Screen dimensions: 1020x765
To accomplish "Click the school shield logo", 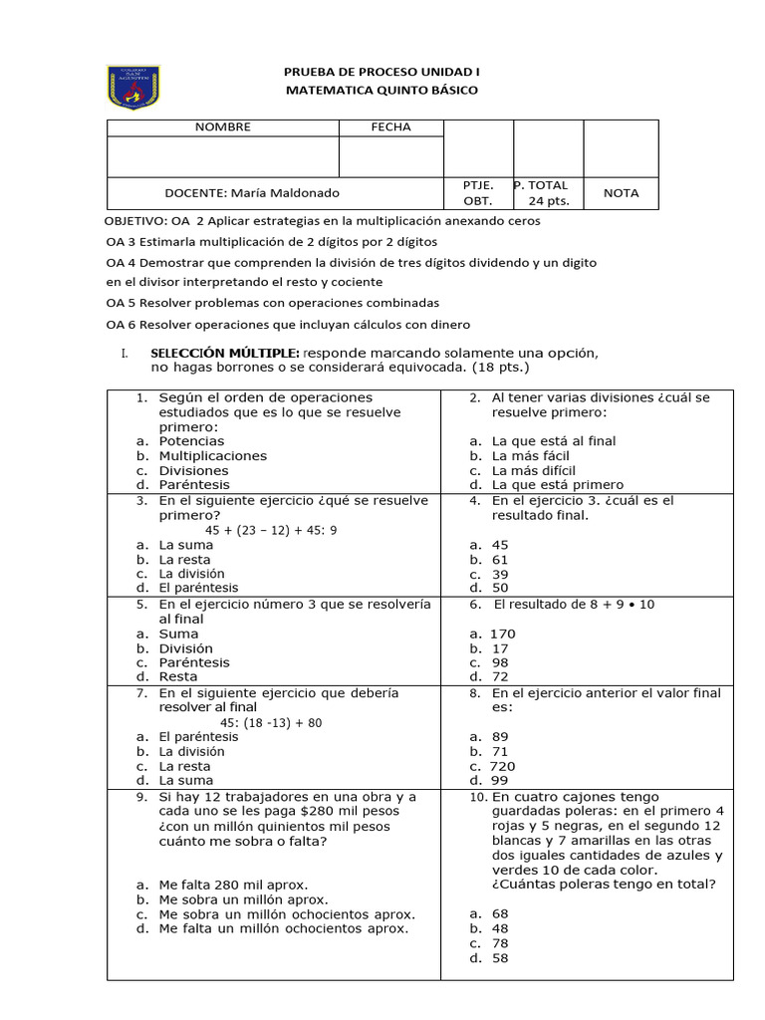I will tap(132, 88).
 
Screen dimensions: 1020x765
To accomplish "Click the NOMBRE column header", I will tap(222, 127).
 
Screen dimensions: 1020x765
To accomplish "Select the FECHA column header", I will tap(390, 127).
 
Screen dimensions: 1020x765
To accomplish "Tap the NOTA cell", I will tap(620, 193).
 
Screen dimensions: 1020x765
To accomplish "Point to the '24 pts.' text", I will tap(549, 201).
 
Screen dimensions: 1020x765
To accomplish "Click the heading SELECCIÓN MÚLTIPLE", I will tap(224, 354).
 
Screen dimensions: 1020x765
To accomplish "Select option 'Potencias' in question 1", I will tap(191, 441).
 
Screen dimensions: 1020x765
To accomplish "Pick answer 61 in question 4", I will tap(500, 560).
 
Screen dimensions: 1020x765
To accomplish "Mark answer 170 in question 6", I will tap(502, 635).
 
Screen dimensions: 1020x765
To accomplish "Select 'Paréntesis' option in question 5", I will tap(194, 662).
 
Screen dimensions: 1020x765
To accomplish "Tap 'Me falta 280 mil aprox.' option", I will tap(233, 885).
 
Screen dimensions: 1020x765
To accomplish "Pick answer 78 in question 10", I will tap(500, 943).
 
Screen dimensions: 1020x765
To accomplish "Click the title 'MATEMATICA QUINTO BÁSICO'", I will tap(382, 91).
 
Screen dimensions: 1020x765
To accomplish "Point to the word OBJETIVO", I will tap(135, 221).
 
